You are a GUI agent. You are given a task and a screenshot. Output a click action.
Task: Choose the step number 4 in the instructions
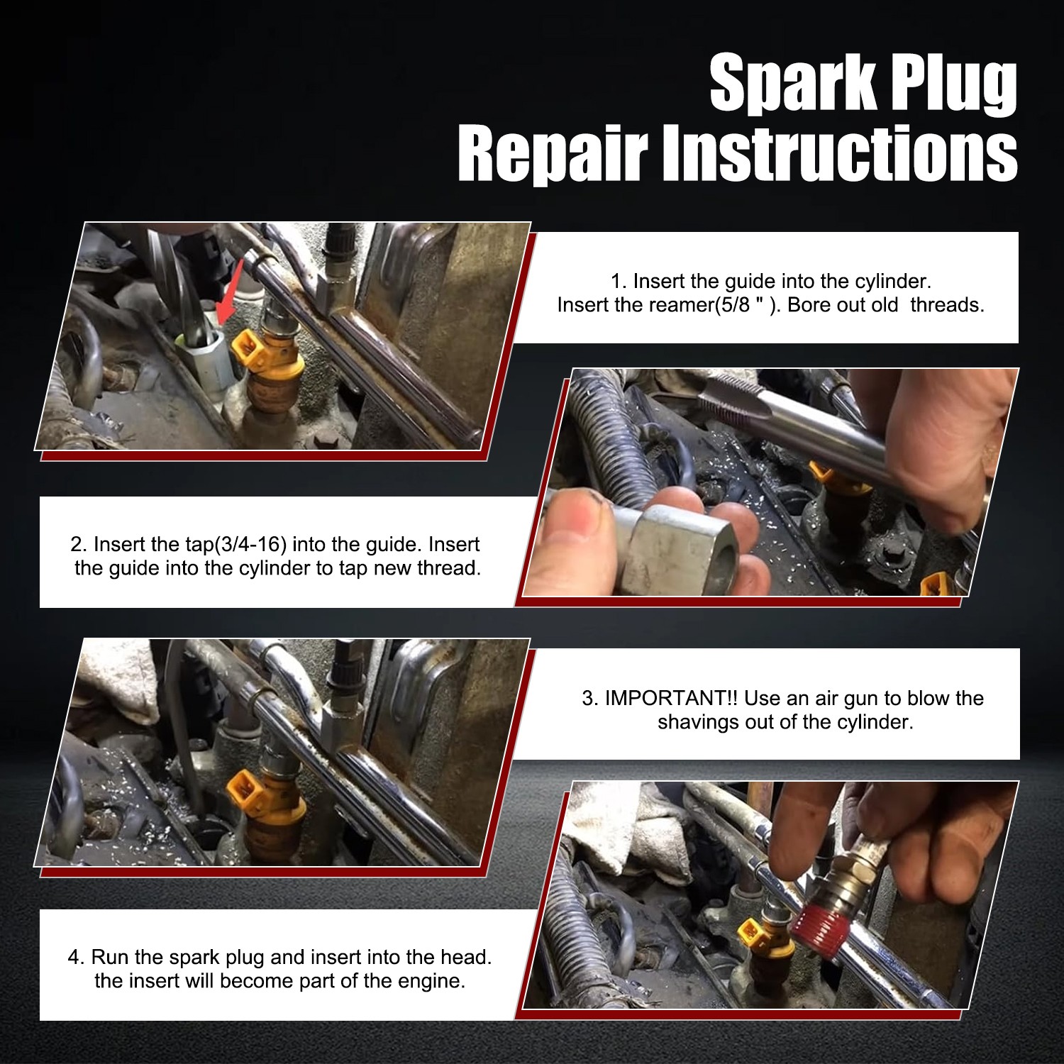pyautogui.click(x=75, y=958)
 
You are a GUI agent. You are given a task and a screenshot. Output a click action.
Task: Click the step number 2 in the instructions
pyautogui.click(x=79, y=545)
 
